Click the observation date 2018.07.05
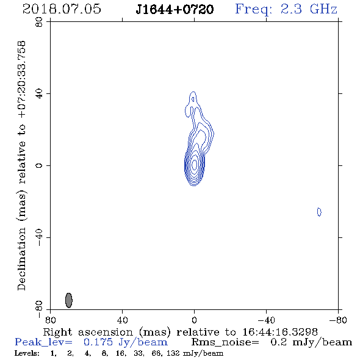pos(62,9)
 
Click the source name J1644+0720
pos(175,9)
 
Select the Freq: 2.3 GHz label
pos(286,9)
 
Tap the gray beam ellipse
pos(69,300)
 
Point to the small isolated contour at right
pos(319,212)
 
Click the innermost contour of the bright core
pos(195,164)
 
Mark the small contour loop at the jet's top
pos(193,99)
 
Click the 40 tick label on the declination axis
pos(39,94)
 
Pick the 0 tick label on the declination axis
pos(39,165)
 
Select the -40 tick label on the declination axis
pos(39,237)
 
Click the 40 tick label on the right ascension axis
pos(122,320)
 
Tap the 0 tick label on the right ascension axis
pos(194,320)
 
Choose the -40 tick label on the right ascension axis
pos(266,320)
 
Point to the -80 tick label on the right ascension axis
pos(338,320)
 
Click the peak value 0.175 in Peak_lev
pos(98,342)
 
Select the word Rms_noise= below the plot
pos(225,342)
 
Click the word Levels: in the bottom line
pos(27,353)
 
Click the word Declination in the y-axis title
pos(21,259)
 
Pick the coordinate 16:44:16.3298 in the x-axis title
pos(280,332)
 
